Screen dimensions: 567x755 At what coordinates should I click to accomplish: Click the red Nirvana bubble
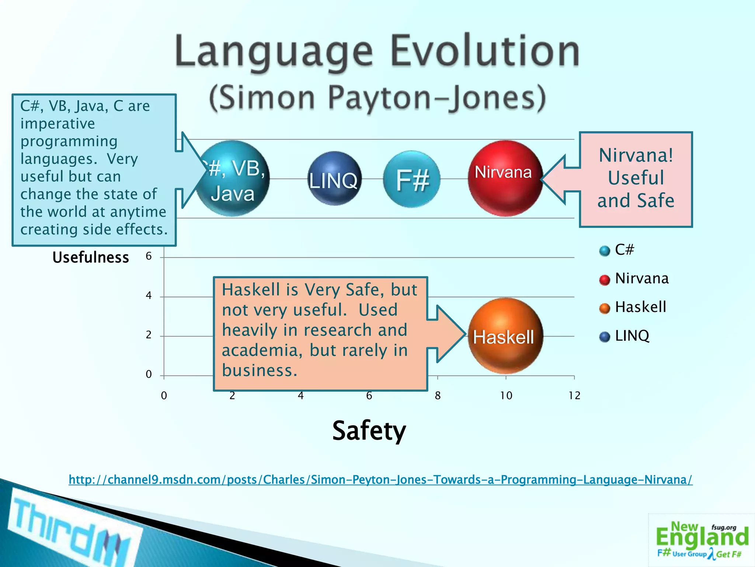pos(505,178)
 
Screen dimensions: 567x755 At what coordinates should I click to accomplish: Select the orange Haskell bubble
pos(505,336)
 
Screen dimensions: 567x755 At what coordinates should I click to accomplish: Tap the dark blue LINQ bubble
pos(334,179)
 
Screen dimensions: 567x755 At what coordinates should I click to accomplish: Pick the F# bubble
pos(412,179)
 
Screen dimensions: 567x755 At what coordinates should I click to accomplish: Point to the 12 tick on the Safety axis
pos(574,396)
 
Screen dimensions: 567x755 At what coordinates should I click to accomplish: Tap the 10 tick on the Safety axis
pos(506,396)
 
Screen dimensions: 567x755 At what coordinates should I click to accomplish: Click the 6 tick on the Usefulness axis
pos(149,256)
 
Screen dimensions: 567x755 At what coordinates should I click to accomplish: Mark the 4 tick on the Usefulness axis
pos(149,295)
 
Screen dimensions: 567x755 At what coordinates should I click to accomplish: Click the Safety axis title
pos(369,431)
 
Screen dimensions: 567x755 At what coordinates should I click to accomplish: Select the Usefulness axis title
pos(91,257)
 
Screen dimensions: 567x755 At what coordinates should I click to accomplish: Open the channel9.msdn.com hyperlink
pos(380,480)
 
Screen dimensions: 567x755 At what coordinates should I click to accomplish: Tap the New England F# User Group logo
pos(701,540)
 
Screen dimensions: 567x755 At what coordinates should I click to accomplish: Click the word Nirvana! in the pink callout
pos(636,155)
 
